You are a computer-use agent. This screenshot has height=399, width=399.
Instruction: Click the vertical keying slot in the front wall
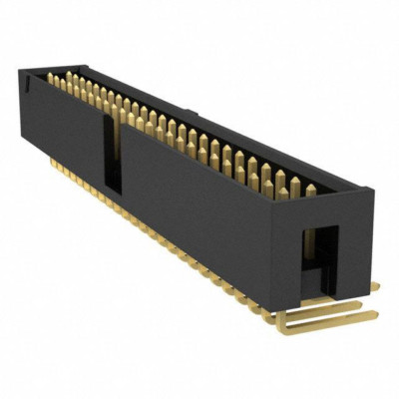[x=112, y=155]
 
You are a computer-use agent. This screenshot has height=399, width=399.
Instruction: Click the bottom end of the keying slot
[x=113, y=190]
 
